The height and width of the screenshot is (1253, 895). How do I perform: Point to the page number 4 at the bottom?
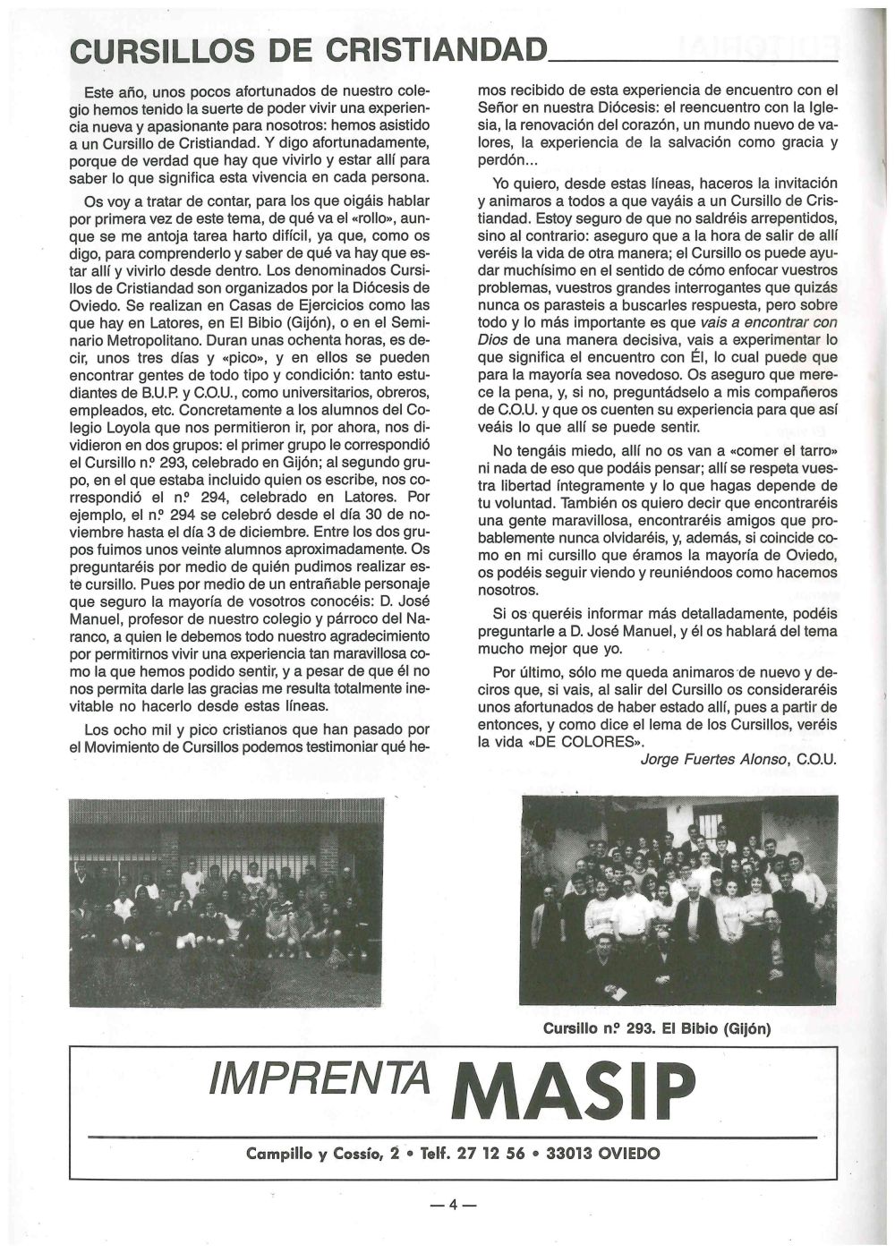pos(452,1204)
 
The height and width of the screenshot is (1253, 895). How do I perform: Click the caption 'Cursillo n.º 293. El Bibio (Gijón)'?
pos(656,1028)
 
